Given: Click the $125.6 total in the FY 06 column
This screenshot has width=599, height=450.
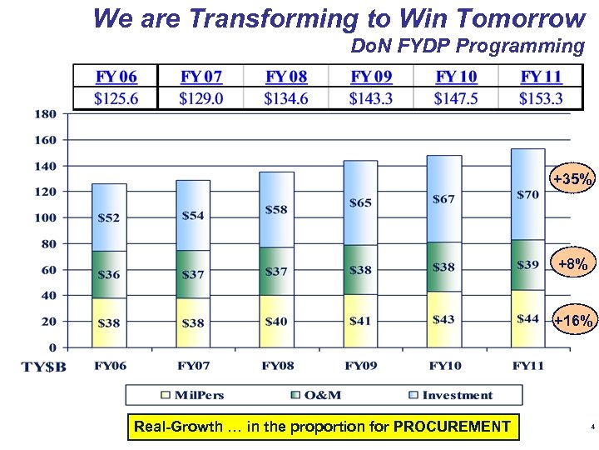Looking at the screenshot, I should tap(116, 98).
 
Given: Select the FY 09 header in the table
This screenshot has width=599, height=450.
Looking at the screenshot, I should tap(371, 77).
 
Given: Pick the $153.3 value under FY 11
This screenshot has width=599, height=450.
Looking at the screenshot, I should tap(541, 98).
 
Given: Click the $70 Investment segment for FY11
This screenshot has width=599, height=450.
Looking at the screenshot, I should tap(527, 194).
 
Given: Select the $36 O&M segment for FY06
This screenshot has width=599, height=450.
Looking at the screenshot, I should tap(108, 274).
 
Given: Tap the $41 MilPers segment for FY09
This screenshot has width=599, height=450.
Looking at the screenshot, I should tap(360, 321).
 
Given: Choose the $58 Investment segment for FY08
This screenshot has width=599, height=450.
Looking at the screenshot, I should tap(276, 209).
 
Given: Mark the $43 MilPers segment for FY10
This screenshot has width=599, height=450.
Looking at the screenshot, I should tap(443, 320).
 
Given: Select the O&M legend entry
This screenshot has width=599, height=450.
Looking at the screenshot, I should tap(317, 395).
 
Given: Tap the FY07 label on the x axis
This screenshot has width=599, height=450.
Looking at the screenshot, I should tap(192, 365).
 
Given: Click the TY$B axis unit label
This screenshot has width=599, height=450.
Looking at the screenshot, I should tap(43, 366).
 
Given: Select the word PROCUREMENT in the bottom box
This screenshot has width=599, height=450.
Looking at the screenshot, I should tap(452, 427).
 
